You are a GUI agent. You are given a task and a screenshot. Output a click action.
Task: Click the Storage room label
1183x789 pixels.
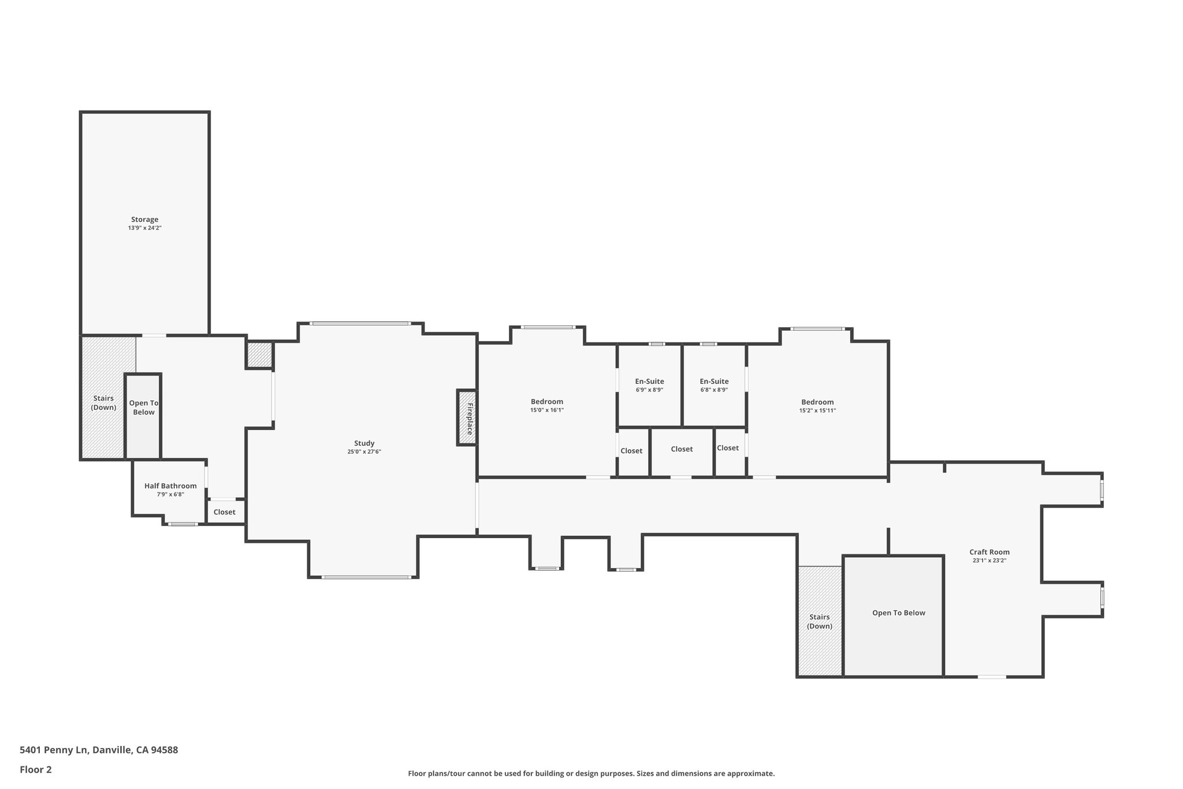coord(144,220)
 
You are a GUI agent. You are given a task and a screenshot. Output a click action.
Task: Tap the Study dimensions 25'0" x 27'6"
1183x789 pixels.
coord(364,452)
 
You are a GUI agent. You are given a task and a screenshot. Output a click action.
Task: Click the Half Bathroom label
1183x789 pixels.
coord(170,486)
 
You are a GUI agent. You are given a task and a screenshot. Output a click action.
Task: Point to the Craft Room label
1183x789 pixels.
coord(989,552)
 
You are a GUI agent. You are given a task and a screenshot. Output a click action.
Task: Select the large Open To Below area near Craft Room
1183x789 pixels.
coord(898,613)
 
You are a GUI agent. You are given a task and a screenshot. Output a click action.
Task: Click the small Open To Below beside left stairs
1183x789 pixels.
coord(143,408)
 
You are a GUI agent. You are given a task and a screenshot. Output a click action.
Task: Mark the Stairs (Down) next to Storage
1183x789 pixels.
coord(103,403)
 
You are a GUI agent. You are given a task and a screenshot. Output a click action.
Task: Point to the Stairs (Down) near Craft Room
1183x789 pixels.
coord(819,622)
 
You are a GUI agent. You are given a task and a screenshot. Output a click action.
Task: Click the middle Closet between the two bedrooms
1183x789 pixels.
coord(682,449)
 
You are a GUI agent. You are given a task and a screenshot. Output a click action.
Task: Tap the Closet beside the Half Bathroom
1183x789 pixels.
coord(224,512)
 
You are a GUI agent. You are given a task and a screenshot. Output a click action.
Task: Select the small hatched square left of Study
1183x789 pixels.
coord(259,355)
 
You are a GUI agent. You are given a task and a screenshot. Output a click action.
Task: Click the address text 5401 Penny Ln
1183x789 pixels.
coord(99,750)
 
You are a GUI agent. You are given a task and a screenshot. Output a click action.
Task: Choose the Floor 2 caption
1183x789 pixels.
coord(36,769)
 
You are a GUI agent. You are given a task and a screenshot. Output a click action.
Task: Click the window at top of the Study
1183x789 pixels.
coord(360,324)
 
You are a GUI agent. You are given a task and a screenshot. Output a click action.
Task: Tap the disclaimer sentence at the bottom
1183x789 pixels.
coord(591,773)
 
